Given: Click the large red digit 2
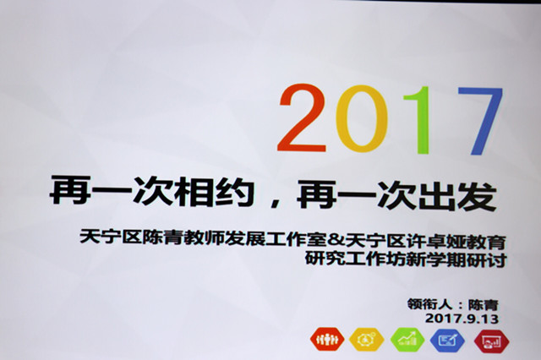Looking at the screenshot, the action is (302, 118).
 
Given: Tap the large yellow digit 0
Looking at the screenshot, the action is (362, 118).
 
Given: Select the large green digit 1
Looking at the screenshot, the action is (418, 120).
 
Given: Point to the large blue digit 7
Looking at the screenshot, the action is (480, 121).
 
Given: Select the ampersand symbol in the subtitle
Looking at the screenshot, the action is (336, 239).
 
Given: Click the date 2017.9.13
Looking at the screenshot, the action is (462, 318).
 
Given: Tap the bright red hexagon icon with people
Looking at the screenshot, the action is (327, 339).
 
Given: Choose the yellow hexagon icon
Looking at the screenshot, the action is (367, 340).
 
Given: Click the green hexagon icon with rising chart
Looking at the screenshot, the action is (407, 340).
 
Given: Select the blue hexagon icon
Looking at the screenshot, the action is (447, 341).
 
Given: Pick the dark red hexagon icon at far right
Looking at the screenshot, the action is (492, 341).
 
